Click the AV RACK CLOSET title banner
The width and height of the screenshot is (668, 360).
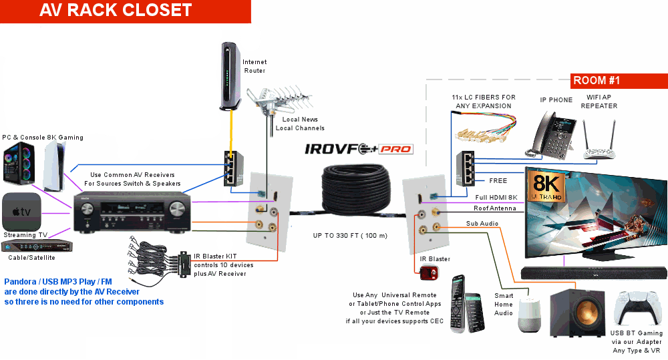pos(116,11)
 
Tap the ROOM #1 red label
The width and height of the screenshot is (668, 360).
pos(596,81)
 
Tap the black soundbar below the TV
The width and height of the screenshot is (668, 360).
pos(595,272)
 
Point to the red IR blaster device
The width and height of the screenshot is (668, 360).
pos(428,273)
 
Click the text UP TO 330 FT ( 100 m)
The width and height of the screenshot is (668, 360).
pos(350,236)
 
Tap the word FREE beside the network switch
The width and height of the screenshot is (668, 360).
pos(498,180)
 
